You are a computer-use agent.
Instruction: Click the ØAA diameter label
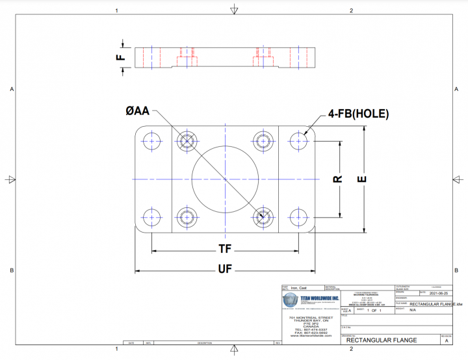tap(137, 111)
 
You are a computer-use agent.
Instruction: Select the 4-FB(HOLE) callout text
tap(358, 114)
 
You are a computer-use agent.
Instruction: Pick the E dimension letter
tap(363, 179)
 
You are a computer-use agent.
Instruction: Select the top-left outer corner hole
tap(152, 140)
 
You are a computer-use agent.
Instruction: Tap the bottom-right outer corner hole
tap(298, 216)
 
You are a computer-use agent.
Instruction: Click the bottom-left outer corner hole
tap(152, 216)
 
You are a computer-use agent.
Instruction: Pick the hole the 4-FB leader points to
tap(298, 140)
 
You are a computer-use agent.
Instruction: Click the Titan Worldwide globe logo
tap(290, 301)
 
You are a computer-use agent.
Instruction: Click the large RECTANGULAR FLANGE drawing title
tap(382, 340)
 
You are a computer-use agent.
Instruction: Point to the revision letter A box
tap(445, 340)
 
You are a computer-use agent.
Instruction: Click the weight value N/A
tap(412, 310)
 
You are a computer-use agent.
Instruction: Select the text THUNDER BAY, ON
tap(308, 321)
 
